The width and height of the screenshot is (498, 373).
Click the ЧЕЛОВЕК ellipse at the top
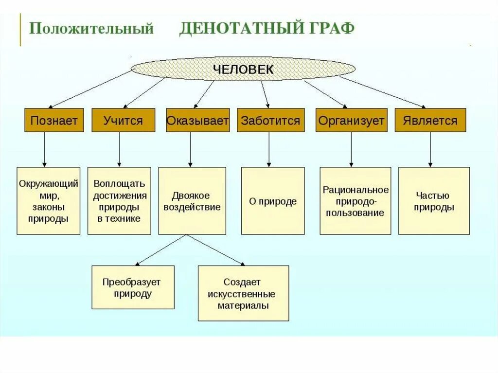(x=244, y=70)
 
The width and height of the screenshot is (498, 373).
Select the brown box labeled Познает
(x=54, y=120)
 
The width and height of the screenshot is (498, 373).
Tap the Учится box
(x=123, y=120)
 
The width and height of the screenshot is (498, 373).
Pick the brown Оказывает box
(x=197, y=120)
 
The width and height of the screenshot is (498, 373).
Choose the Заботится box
(x=270, y=120)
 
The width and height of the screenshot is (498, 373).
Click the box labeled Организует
(x=352, y=120)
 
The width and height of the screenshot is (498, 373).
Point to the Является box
(x=430, y=120)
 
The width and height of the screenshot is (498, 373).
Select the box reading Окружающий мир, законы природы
(x=49, y=201)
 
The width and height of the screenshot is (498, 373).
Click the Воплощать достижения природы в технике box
(x=119, y=201)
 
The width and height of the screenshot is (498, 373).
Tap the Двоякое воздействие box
(x=192, y=201)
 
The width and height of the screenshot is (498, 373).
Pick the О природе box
(x=273, y=201)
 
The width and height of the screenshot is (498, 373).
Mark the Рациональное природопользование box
(x=356, y=201)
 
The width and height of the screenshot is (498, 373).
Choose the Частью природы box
(x=434, y=201)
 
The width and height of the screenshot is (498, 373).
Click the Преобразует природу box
(x=133, y=287)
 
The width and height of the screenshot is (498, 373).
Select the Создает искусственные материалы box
(x=243, y=293)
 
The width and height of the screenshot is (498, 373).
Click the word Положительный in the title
(x=91, y=29)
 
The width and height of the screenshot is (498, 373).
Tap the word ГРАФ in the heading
(x=331, y=29)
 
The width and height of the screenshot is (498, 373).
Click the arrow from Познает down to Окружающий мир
(x=44, y=149)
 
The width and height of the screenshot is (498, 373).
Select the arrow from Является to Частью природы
(x=430, y=149)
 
